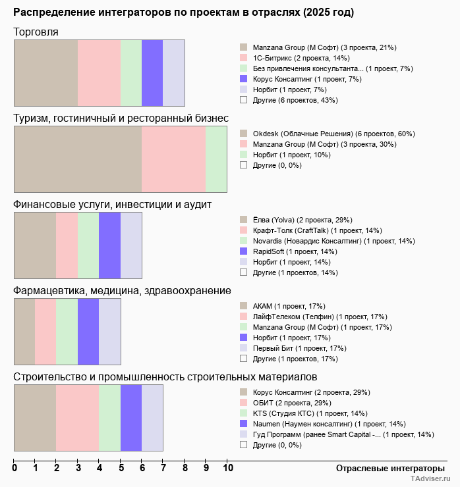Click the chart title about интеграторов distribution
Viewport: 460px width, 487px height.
tap(183, 13)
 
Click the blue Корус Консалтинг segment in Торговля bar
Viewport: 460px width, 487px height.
tap(152, 72)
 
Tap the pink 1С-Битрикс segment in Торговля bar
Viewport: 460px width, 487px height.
tap(99, 72)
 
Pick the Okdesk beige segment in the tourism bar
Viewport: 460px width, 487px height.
tap(78, 159)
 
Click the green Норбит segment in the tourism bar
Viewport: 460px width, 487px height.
tap(216, 159)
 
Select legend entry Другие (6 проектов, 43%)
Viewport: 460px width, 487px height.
tap(295, 100)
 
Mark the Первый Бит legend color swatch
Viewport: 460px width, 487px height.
tap(243, 348)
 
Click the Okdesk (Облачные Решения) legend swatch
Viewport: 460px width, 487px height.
tap(243, 134)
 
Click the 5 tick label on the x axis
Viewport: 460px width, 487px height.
tap(121, 468)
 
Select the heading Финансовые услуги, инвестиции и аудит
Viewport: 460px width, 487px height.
tap(112, 205)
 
